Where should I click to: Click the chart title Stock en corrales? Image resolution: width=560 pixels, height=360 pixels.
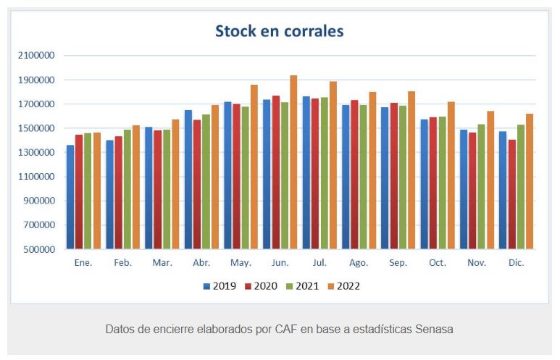click(279, 31)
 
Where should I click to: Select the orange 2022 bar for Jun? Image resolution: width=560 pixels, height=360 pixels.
click(293, 162)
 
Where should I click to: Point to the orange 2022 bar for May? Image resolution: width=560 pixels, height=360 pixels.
click(254, 167)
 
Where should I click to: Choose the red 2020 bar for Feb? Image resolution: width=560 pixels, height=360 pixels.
click(118, 193)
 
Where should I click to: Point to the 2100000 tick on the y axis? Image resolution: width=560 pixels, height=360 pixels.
click(35, 56)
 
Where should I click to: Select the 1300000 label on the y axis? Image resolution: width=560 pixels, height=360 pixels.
click(35, 152)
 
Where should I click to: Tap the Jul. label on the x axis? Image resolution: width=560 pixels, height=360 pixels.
click(319, 263)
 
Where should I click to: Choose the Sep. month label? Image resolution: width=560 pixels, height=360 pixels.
click(398, 263)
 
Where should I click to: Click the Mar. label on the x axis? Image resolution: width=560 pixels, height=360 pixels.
click(162, 263)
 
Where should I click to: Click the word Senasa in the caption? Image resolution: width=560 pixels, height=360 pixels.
click(434, 329)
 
